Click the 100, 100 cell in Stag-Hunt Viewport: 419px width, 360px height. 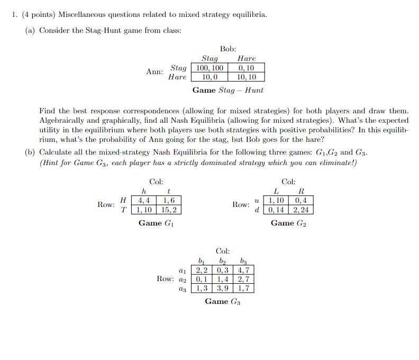click(210, 68)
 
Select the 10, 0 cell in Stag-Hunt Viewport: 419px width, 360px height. click(210, 77)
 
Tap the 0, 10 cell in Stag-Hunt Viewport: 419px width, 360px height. click(246, 68)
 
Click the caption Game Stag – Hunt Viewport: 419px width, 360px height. click(227, 91)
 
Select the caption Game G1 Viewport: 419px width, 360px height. click(156, 223)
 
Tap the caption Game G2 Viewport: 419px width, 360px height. click(288, 223)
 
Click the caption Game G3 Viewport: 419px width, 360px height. click(223, 302)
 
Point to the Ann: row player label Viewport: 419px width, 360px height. click(154, 71)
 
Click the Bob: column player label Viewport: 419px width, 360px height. click(227, 49)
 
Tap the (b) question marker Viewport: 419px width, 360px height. click(30, 152)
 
